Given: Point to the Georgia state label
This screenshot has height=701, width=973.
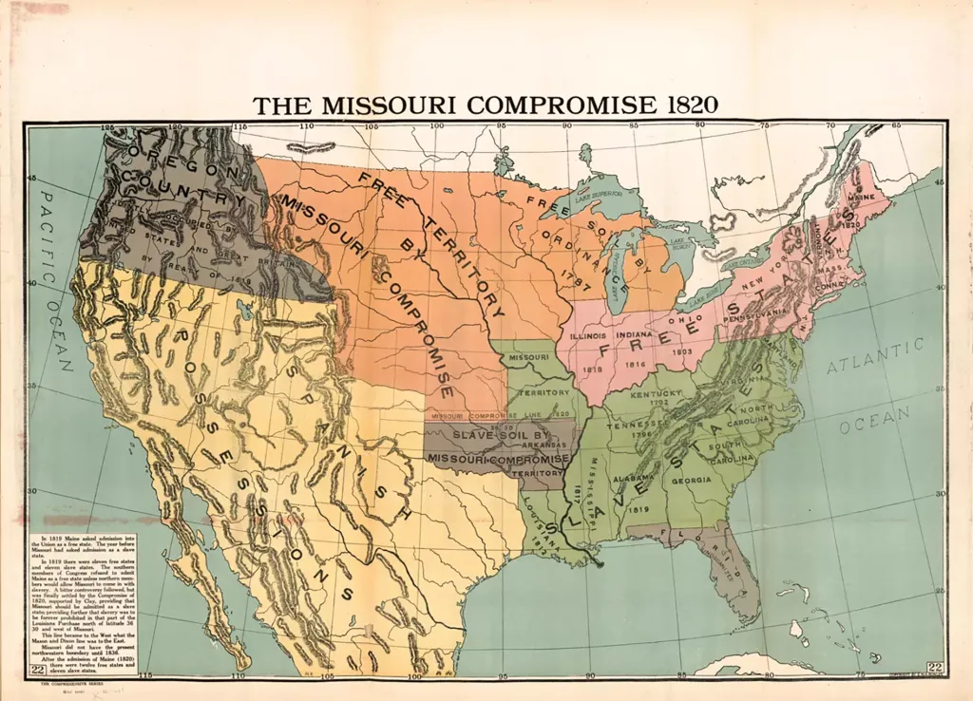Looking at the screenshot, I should coord(692,481).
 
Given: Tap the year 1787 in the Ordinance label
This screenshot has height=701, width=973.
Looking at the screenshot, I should coord(574,267).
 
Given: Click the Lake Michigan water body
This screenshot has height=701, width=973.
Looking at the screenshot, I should coord(619,275).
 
